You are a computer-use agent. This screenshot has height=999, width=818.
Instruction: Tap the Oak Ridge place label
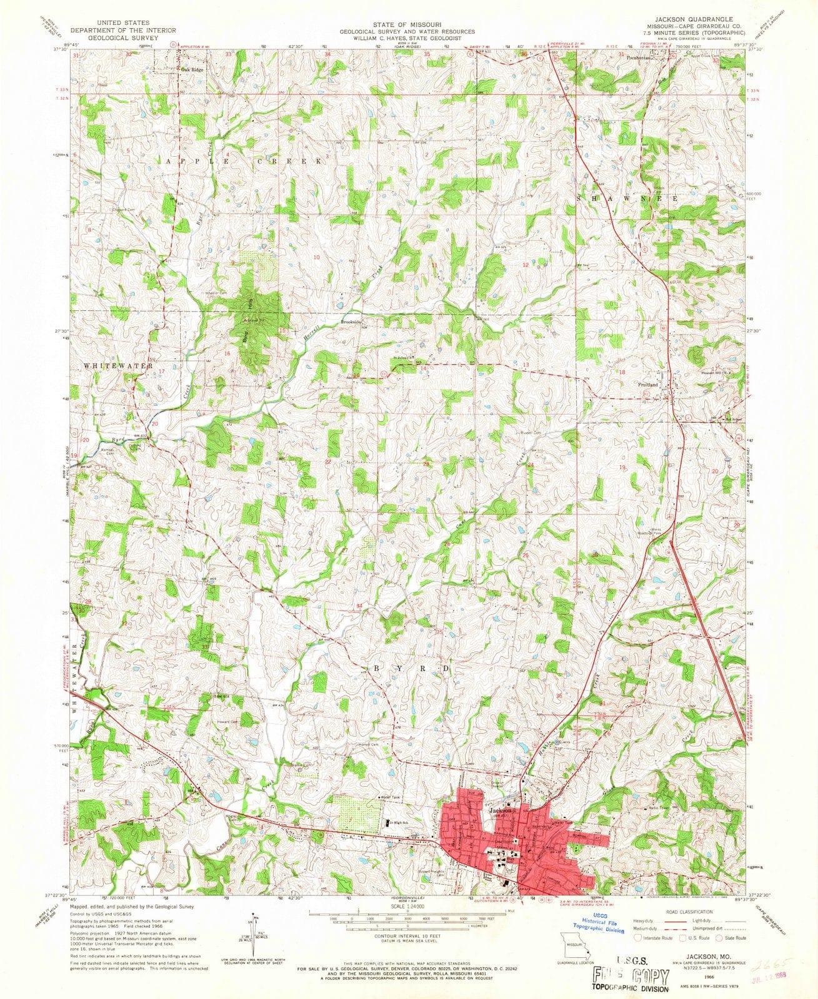coord(192,70)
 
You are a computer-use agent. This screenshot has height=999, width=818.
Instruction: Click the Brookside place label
coord(351,323)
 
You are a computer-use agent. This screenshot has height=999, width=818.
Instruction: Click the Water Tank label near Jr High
coord(391,797)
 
